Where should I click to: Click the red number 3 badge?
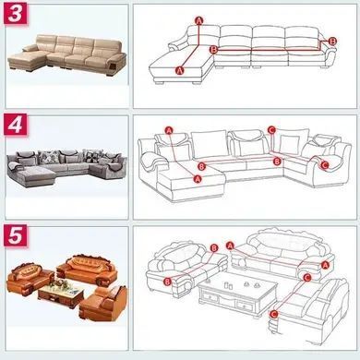coord(16,14)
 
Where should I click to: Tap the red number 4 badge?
coord(16,125)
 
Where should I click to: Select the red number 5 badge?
coord(16,235)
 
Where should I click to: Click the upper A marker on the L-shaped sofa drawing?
coord(199,20)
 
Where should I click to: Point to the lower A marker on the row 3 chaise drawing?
coord(179,70)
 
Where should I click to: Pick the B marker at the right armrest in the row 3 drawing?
coord(332,41)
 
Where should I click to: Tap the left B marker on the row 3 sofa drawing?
coord(213,49)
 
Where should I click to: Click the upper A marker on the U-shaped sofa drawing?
coord(169,130)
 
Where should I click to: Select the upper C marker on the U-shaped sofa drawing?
coord(271,130)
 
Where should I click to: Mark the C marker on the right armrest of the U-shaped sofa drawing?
coord(324,165)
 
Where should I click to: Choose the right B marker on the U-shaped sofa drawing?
coord(278,161)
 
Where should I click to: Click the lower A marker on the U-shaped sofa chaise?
coord(198,178)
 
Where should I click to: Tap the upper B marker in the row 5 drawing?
coord(214,248)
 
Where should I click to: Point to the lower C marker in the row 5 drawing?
coord(273,314)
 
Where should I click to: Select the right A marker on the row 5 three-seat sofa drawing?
coord(325,265)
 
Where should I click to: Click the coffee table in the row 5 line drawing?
coord(237,294)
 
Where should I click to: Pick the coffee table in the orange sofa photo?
coord(61,294)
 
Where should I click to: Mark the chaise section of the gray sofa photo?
coord(32,176)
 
